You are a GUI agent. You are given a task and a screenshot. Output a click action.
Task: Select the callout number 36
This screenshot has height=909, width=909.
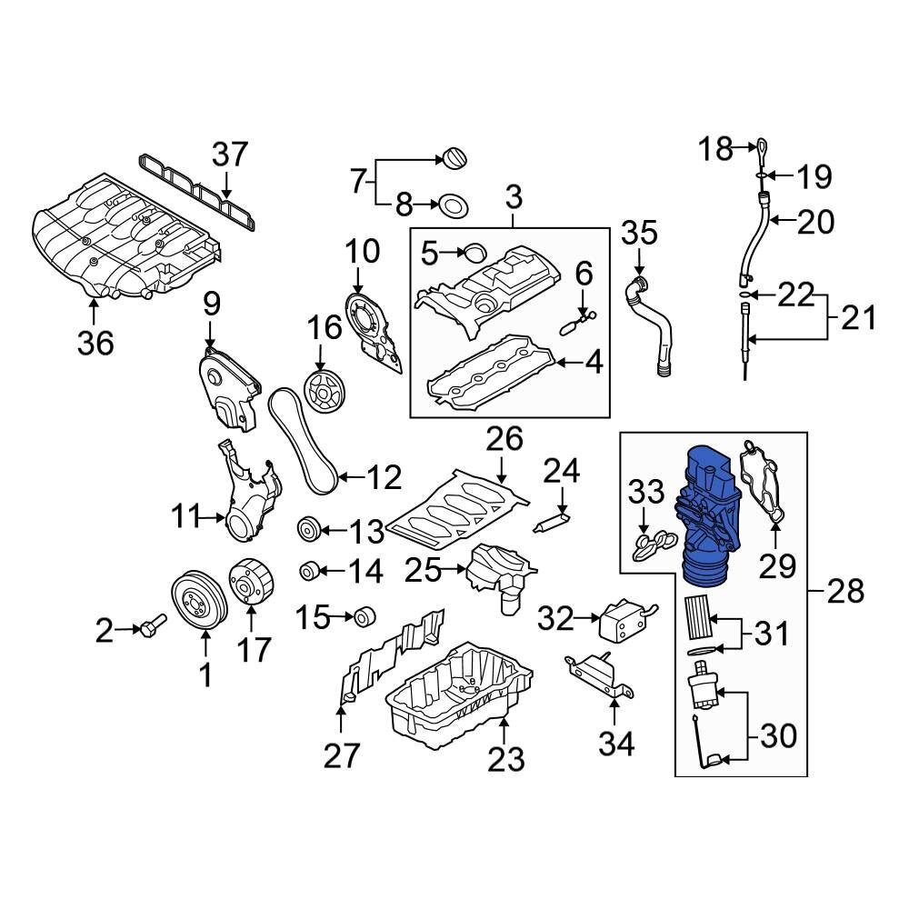pyautogui.click(x=95, y=343)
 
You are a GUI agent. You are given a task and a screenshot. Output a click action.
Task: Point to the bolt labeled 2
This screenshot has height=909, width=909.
pyautogui.click(x=150, y=626)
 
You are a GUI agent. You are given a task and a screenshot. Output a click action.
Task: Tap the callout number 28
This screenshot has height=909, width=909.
pyautogui.click(x=844, y=593)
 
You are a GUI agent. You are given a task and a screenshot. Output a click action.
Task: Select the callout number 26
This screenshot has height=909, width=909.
pyautogui.click(x=504, y=441)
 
